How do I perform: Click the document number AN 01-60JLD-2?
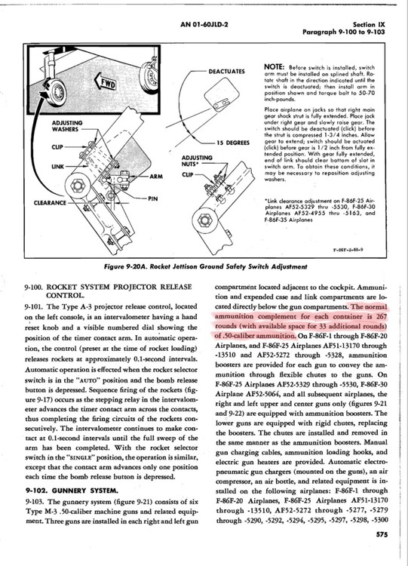click(204, 25)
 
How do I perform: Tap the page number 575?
click(382, 534)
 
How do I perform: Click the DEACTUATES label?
click(226, 71)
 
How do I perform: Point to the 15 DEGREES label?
click(233, 143)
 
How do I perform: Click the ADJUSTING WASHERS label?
click(66, 126)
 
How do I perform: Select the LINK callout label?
click(57, 167)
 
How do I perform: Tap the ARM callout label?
click(156, 176)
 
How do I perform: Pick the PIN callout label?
click(152, 198)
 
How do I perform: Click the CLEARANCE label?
click(50, 203)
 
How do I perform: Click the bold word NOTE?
click(275, 67)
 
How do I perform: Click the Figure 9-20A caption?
click(205, 266)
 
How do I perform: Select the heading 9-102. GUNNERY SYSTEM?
click(72, 491)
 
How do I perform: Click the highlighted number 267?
click(381, 316)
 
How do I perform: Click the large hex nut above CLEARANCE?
click(78, 186)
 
